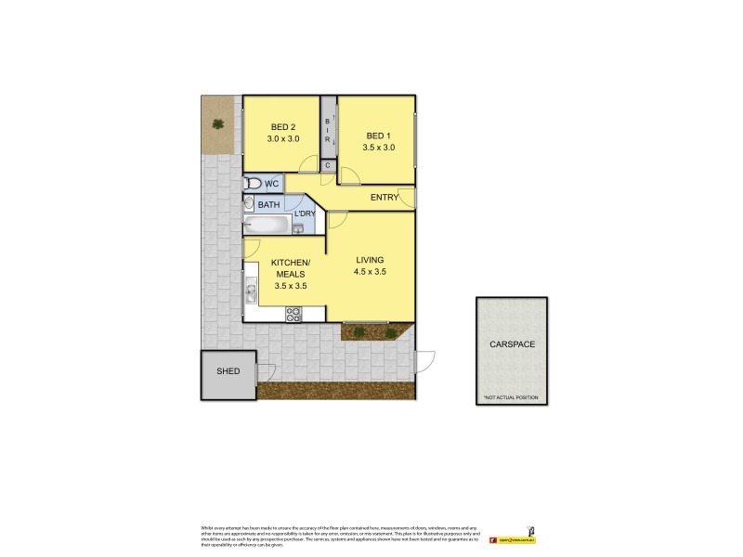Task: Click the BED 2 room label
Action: [282, 127]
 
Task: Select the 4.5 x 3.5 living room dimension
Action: [369, 272]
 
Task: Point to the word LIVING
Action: [369, 259]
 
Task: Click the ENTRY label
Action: [385, 198]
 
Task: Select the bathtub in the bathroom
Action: [267, 225]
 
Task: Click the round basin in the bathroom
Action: [249, 204]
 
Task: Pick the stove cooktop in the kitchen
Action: [293, 314]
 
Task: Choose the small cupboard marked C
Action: [327, 165]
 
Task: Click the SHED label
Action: [228, 371]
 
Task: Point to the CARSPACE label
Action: [512, 344]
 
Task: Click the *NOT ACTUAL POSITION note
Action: [510, 397]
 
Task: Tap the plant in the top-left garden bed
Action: [218, 123]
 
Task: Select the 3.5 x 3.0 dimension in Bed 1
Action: [380, 148]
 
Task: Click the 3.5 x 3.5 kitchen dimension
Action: [290, 286]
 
